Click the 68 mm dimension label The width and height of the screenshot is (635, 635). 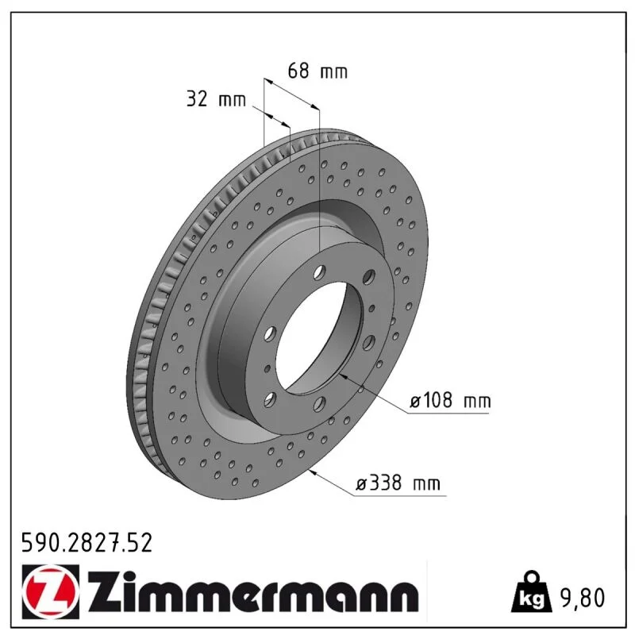pyautogui.click(x=317, y=71)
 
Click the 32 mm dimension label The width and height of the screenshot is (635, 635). pyautogui.click(x=216, y=98)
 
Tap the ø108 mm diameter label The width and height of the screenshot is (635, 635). pyautogui.click(x=450, y=401)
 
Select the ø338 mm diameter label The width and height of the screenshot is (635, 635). pyautogui.click(x=398, y=483)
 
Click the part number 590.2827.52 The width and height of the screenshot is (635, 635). pyautogui.click(x=87, y=543)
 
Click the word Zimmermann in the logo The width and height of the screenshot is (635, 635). pyautogui.click(x=252, y=592)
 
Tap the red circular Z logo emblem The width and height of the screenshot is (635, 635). pyautogui.click(x=51, y=591)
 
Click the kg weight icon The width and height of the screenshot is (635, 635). pyautogui.click(x=532, y=591)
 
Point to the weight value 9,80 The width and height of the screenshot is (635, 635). pyautogui.click(x=583, y=598)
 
